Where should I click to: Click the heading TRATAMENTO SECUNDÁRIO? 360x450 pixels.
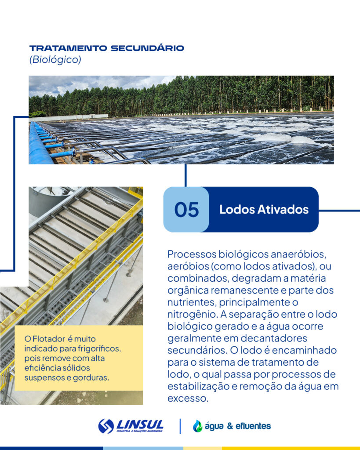pos(106,48)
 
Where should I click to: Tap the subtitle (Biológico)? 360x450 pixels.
pos(55,60)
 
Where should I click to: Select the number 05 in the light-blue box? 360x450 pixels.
pos(186,210)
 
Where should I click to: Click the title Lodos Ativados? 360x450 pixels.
pos(264,210)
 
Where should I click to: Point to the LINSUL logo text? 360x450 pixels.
pos(140,425)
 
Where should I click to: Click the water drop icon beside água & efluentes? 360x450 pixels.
pos(198,426)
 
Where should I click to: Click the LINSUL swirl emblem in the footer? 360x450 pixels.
pos(106,426)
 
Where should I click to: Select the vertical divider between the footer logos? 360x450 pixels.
pos(180,426)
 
